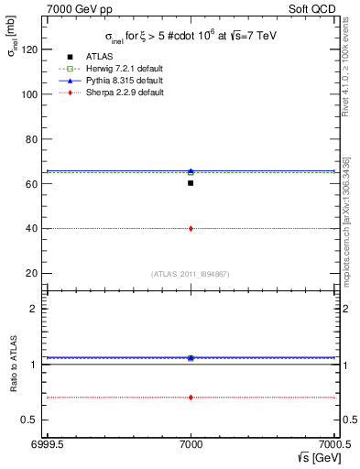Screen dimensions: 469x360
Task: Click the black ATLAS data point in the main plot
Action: point(191,183)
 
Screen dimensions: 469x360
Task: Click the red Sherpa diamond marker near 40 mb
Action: point(191,228)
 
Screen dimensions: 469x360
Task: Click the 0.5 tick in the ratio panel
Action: point(33,420)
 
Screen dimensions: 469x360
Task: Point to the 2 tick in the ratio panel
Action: point(38,309)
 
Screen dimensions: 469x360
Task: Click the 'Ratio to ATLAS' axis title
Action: point(11,364)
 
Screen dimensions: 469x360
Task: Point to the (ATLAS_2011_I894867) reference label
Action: point(191,274)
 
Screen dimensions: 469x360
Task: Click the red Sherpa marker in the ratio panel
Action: point(191,397)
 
